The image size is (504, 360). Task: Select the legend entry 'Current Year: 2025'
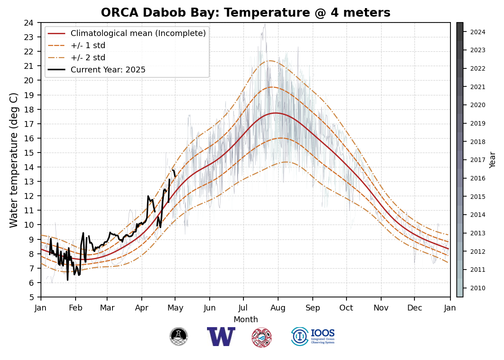click(108, 70)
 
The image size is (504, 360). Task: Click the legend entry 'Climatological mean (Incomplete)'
click(138, 33)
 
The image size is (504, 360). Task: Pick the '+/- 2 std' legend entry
click(88, 58)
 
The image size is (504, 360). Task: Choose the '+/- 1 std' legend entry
click(88, 45)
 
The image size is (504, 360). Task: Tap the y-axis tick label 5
click(31, 297)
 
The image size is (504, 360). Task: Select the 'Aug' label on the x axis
click(278, 308)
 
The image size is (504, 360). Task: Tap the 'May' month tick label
click(175, 308)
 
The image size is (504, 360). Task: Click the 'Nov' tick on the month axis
click(381, 308)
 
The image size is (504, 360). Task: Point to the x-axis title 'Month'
click(246, 319)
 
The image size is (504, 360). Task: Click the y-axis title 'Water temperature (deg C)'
click(14, 160)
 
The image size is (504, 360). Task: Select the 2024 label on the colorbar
click(477, 32)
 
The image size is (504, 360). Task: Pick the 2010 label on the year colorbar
click(477, 288)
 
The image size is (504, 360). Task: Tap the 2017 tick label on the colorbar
click(477, 160)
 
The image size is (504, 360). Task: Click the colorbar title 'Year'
click(493, 160)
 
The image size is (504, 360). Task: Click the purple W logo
click(221, 337)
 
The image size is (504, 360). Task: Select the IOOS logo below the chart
click(313, 337)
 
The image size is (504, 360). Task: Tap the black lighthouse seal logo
click(179, 337)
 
